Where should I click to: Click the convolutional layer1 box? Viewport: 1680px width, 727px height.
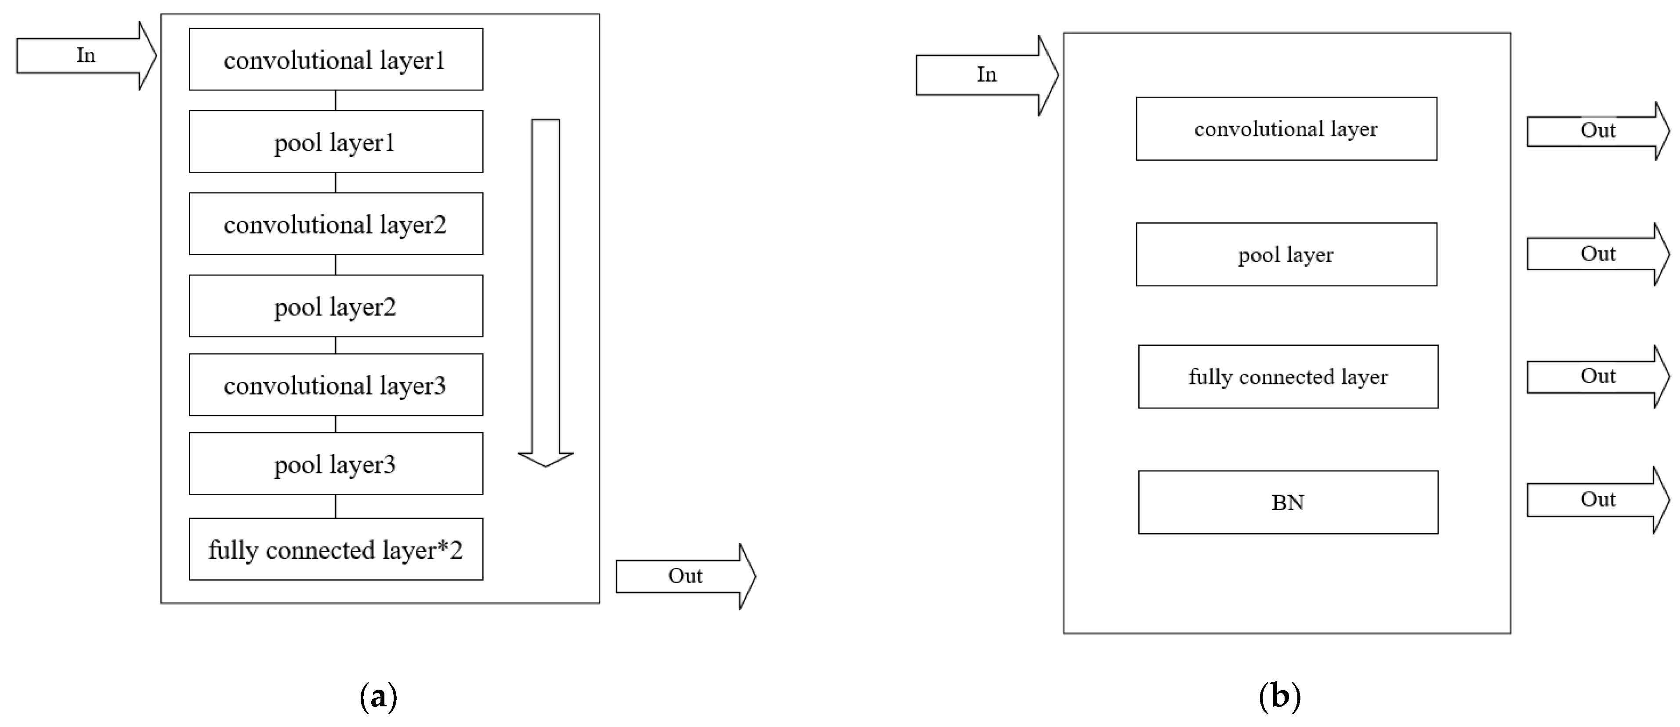click(336, 59)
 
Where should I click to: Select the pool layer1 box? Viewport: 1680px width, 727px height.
click(336, 141)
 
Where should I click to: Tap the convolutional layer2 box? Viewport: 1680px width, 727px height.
click(336, 224)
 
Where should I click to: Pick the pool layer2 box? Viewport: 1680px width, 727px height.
click(336, 306)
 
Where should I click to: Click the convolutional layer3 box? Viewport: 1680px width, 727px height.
click(336, 385)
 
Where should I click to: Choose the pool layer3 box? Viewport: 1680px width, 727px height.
click(336, 463)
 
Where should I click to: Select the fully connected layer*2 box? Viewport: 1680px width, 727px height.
click(336, 549)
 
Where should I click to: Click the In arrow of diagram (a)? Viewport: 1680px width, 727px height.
click(85, 55)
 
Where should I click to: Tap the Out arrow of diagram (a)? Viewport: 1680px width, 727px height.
click(685, 576)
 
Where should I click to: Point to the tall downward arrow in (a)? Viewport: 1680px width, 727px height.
click(545, 293)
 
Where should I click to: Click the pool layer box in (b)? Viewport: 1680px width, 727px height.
click(1286, 254)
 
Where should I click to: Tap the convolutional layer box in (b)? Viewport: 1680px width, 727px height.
click(1286, 128)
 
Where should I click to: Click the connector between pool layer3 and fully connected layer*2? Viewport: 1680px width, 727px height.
click(336, 506)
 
